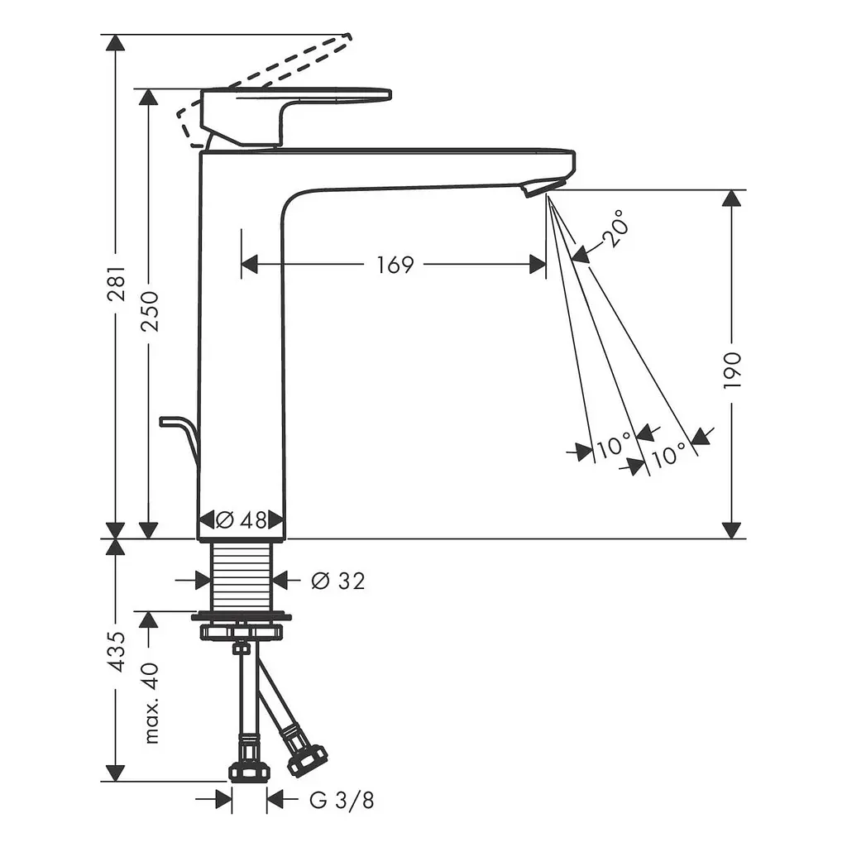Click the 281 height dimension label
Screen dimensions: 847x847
(117, 283)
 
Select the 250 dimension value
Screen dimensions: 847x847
(150, 311)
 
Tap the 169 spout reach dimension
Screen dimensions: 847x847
(395, 265)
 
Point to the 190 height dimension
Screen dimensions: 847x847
(732, 370)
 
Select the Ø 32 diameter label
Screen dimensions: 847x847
(338, 581)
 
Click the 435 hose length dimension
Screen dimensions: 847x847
(117, 652)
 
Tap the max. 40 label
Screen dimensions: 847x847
(151, 703)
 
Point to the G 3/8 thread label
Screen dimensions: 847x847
(342, 801)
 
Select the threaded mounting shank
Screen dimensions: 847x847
(241, 576)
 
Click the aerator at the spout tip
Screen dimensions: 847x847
(536, 188)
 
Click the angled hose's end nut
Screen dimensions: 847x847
(307, 761)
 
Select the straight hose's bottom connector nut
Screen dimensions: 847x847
(249, 772)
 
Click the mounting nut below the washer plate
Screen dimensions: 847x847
(242, 632)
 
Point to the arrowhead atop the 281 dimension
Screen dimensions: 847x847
(114, 43)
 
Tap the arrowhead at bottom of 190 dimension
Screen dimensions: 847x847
(731, 530)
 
